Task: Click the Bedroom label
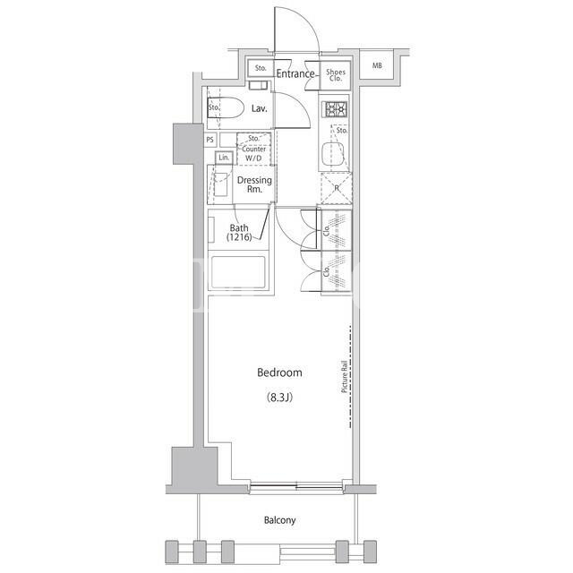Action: (x=279, y=372)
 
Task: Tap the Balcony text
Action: (x=279, y=520)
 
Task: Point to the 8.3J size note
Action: (x=279, y=398)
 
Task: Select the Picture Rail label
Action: (x=344, y=377)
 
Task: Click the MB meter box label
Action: (x=377, y=65)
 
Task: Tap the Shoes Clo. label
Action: (x=336, y=75)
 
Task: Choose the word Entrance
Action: (x=295, y=73)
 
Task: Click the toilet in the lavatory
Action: (x=226, y=107)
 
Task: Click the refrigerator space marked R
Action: (x=337, y=189)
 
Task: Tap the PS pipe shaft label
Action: (x=210, y=140)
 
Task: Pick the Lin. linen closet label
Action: (x=224, y=158)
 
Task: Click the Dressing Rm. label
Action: (x=254, y=184)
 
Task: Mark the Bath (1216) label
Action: (x=239, y=233)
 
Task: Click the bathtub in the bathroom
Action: (x=238, y=272)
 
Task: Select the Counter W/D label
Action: (x=253, y=153)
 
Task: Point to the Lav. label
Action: (x=259, y=108)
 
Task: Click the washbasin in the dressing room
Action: (x=221, y=184)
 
